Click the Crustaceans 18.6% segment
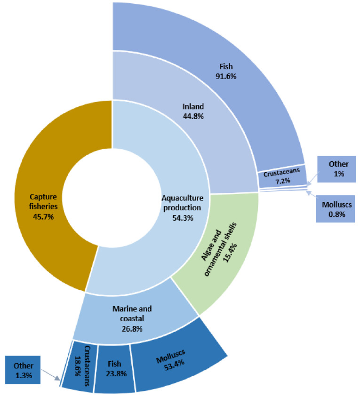80,367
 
